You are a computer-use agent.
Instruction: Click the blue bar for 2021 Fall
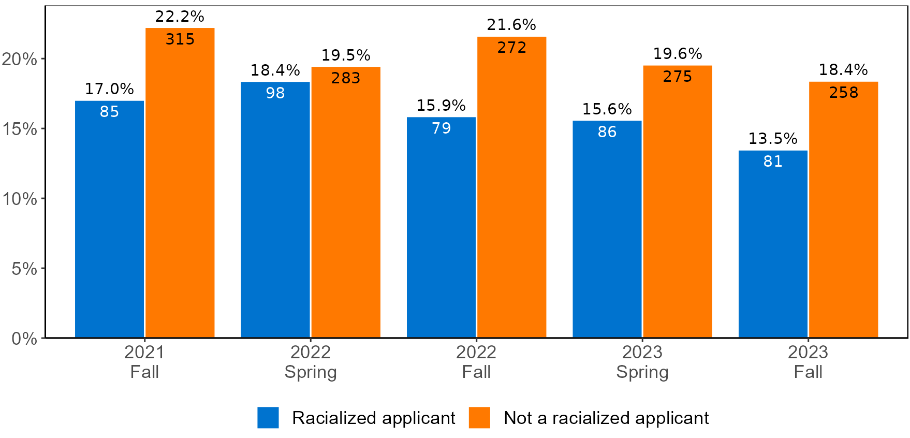coord(109,223)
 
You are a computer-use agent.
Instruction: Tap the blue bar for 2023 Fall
coord(772,249)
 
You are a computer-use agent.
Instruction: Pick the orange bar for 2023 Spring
coord(677,207)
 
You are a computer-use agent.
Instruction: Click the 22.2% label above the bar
coord(180,17)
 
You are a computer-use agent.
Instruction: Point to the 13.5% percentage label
coord(772,139)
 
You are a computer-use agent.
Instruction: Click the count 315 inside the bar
coord(180,39)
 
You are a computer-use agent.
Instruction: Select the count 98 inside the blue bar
coord(275,93)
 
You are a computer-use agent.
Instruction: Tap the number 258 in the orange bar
coord(843,93)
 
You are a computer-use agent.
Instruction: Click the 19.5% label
coord(346,55)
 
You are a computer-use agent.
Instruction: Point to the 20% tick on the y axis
coord(20,59)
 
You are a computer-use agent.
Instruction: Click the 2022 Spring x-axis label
coord(311,362)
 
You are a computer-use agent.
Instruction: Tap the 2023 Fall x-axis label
coord(808,362)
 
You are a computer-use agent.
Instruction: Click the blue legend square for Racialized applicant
coord(268,418)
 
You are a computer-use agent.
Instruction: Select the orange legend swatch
coord(479,418)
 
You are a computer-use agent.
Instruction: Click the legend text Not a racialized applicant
coord(606,418)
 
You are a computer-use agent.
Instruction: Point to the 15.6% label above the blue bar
coord(607,109)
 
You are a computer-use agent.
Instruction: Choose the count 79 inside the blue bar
coord(441,128)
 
